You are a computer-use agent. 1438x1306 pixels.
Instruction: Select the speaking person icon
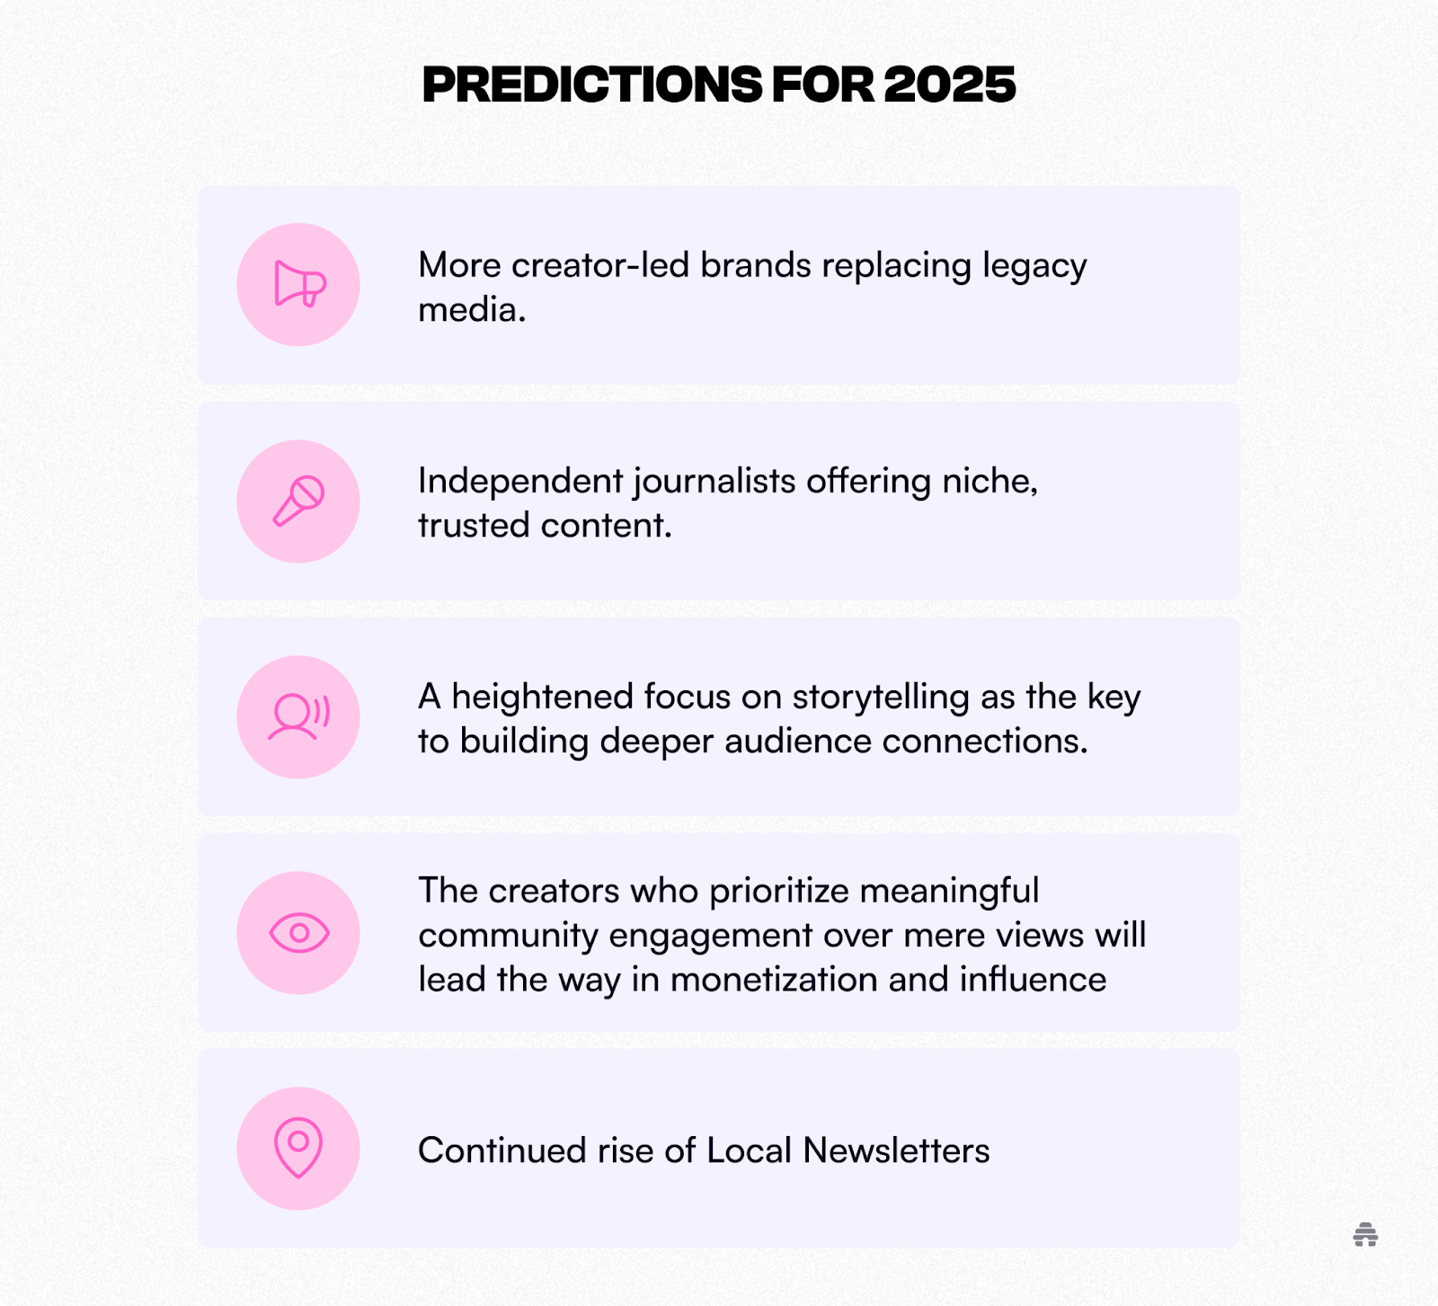click(299, 717)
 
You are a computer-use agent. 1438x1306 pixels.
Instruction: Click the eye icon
click(299, 933)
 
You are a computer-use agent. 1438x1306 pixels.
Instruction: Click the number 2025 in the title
click(949, 85)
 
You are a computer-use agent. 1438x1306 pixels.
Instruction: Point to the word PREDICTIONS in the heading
click(592, 85)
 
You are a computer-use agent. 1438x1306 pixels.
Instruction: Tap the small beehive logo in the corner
click(1365, 1235)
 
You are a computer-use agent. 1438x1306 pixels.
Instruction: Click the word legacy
click(1034, 267)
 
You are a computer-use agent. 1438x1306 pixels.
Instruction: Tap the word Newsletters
click(896, 1151)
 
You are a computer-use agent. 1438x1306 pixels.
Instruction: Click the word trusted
click(475, 526)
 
